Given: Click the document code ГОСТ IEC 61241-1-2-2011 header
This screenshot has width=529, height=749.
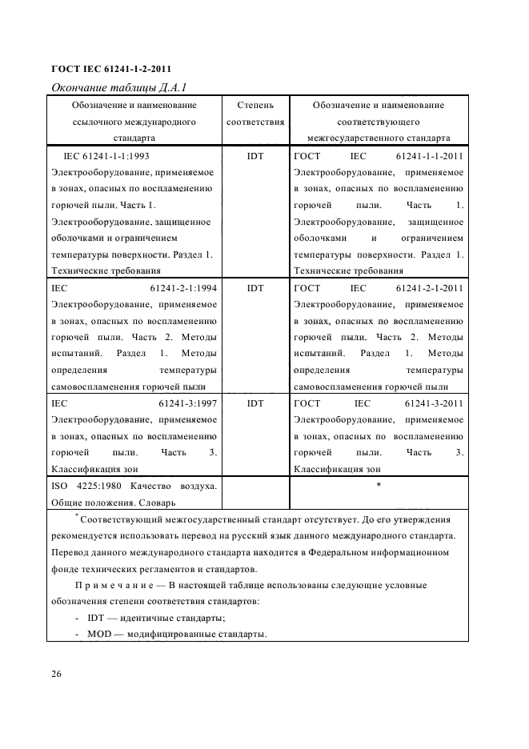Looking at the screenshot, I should (111, 69).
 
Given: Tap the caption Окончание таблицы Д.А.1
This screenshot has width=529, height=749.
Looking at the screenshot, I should (119, 87).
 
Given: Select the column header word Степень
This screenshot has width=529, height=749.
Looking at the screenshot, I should (255, 105).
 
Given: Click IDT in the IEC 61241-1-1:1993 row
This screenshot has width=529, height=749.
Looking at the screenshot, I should (255, 154).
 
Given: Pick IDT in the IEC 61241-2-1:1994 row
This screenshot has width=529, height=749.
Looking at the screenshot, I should (255, 287).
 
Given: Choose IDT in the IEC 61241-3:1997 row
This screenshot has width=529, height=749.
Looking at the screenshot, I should (255, 403).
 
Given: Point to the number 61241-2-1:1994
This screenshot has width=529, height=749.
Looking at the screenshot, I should (184, 287).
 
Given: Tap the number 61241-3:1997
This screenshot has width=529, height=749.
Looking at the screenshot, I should (189, 403).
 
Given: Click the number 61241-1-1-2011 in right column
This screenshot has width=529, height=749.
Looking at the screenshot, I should (429, 154).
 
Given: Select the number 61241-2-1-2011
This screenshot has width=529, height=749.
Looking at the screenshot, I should (429, 287).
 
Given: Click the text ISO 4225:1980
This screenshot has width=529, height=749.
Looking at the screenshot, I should (82, 487).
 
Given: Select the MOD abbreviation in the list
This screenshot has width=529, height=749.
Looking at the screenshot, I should (101, 635).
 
